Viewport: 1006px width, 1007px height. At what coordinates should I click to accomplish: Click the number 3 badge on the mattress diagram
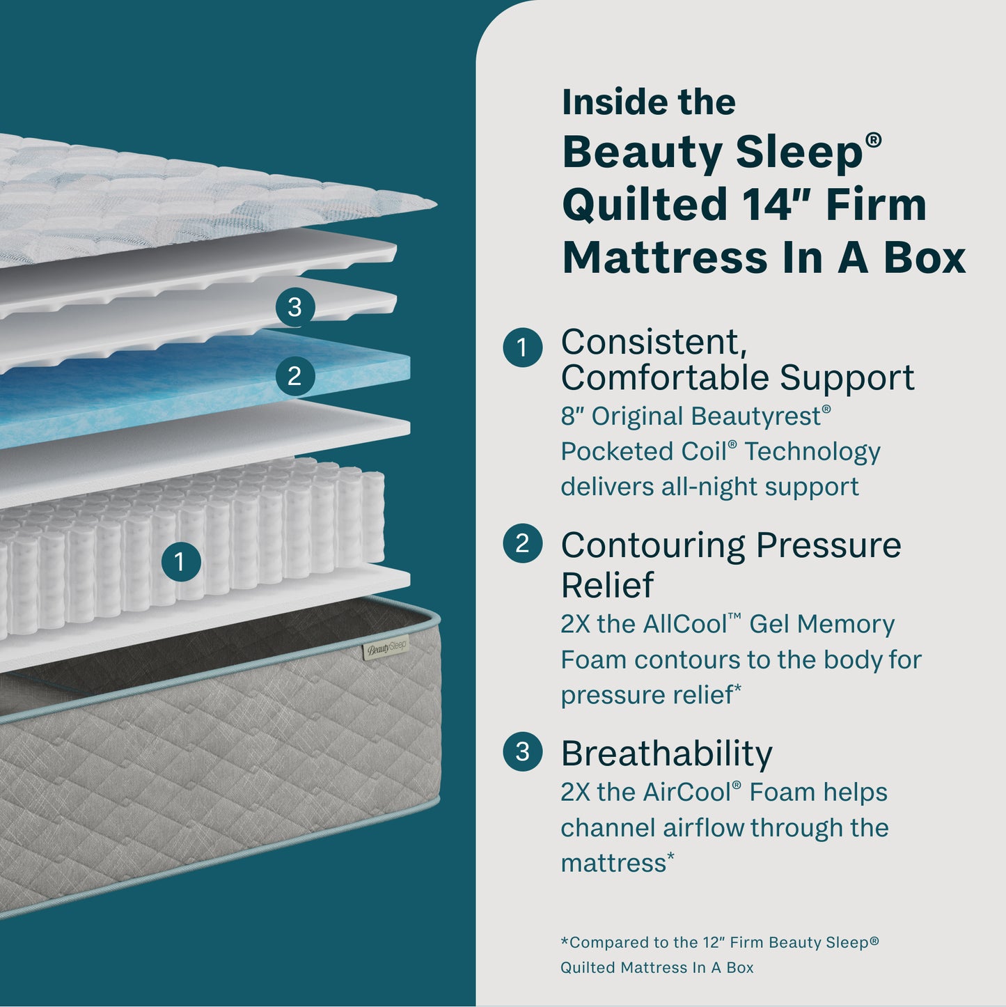(294, 306)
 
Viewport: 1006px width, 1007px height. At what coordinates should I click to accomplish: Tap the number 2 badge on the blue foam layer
(294, 376)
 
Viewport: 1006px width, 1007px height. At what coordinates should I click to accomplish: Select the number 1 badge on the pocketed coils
(180, 561)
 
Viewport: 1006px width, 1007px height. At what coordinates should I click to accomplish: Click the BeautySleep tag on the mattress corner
(386, 649)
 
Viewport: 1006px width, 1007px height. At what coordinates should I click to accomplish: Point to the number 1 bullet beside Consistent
(522, 348)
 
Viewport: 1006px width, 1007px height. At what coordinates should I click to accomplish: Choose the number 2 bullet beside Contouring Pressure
(522, 543)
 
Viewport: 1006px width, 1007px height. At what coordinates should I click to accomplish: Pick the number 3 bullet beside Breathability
(522, 752)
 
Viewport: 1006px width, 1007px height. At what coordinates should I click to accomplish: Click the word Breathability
(666, 754)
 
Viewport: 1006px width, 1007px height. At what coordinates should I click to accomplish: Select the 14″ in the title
(776, 205)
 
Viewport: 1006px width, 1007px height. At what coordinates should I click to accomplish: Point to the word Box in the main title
(925, 258)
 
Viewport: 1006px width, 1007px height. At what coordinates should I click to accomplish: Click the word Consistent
(653, 342)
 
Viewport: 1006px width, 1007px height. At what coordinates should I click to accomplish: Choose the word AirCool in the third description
(686, 793)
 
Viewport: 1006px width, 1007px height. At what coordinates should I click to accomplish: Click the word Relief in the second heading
(607, 585)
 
